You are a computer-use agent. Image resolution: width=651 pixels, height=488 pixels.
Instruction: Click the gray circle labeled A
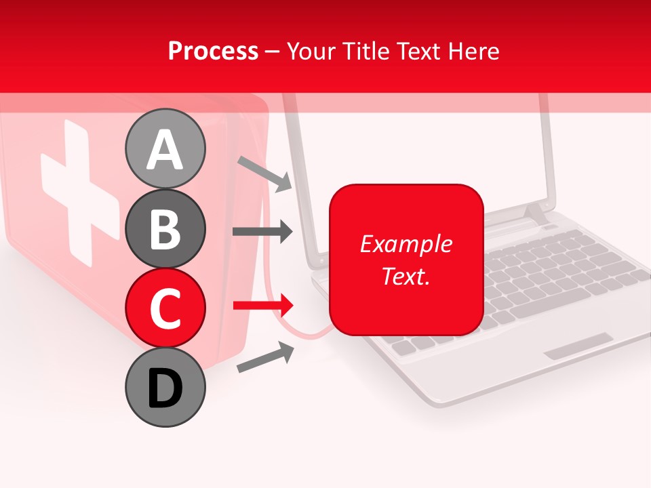pos(165,148)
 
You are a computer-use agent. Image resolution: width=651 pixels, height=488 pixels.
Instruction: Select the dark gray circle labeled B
pos(165,228)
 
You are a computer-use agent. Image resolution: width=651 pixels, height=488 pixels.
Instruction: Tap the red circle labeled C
pos(165,308)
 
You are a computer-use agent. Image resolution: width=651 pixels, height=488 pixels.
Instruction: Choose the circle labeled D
pos(165,388)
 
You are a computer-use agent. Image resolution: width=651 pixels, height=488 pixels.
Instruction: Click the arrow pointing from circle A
pos(265,173)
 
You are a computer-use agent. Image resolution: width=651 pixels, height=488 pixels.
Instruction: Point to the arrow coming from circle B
pos(262,232)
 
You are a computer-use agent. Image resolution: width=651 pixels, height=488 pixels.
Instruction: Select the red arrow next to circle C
pos(262,305)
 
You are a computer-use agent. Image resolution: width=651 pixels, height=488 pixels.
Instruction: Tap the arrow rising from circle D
pos(265,358)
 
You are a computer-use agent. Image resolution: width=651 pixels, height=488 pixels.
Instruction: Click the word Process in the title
pos(213,51)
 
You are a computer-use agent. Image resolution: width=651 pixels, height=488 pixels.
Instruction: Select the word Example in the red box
pos(406,244)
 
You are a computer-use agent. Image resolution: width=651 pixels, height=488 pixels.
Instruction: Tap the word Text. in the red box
pos(406,276)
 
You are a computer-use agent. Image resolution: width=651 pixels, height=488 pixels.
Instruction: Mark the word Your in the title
pos(310,51)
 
